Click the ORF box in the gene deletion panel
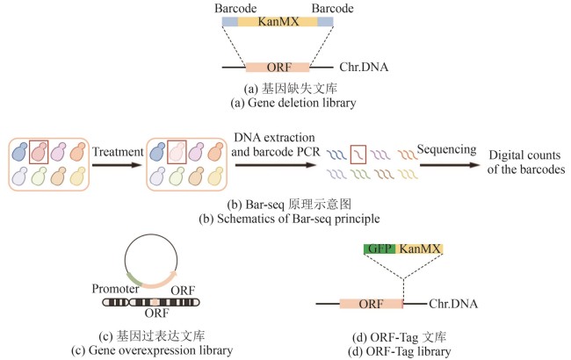click(278, 66)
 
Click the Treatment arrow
click(117, 163)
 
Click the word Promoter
click(119, 287)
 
